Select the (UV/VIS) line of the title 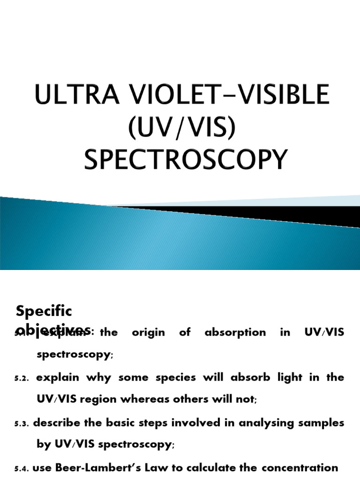click(x=181, y=127)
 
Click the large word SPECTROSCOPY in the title click(x=185, y=160)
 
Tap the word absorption click(x=235, y=333)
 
